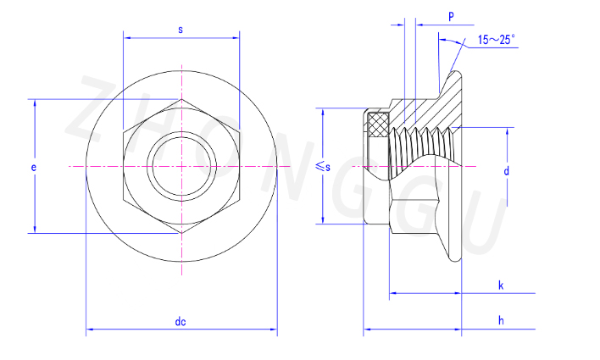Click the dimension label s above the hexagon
click(x=181, y=30)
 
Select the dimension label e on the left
click(x=33, y=168)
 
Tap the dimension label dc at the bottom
click(x=181, y=321)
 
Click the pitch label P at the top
click(x=450, y=16)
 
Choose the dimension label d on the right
click(x=506, y=170)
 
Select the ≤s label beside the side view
click(x=322, y=167)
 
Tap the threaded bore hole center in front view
click(x=181, y=167)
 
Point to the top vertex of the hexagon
click(x=181, y=100)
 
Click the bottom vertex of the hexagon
click(x=181, y=234)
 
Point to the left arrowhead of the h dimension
click(x=366, y=328)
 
